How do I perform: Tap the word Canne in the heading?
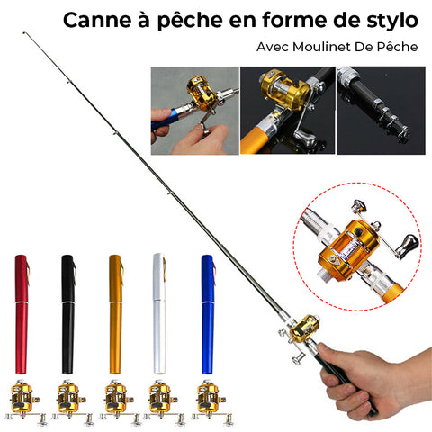point(97,21)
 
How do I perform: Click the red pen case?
point(22,314)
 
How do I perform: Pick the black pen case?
point(68,314)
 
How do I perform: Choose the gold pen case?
point(116,314)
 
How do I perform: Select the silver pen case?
point(159,314)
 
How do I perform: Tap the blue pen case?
point(208,314)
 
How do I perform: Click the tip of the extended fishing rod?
point(24,32)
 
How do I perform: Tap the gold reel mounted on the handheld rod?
point(303,328)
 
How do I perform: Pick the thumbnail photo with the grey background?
point(195,111)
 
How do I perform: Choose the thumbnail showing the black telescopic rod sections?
point(381,111)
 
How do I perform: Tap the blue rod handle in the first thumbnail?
point(165,120)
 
